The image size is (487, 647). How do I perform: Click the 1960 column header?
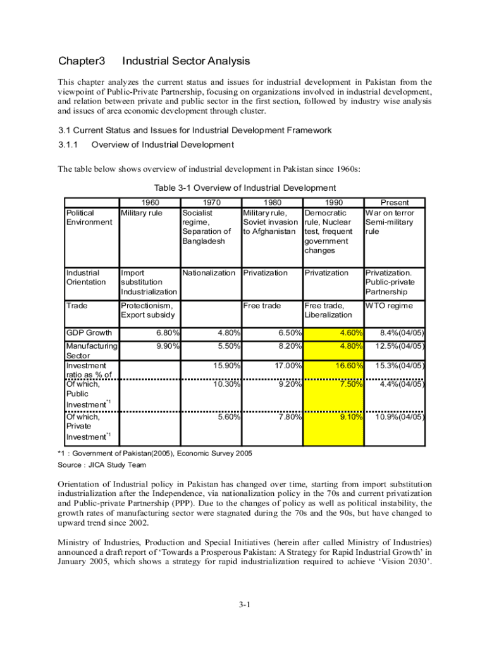pos(150,203)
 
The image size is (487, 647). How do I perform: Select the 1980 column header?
pos(273,203)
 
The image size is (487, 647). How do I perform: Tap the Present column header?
pos(395,203)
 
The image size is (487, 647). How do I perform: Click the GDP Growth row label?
pos(89,333)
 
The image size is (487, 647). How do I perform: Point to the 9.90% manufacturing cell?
pos(166,346)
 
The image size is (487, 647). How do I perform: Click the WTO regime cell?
pos(388,306)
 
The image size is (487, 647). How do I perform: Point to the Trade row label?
pos(77,306)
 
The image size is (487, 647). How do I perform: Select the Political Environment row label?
pos(89,217)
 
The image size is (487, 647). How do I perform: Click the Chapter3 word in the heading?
pos(81,61)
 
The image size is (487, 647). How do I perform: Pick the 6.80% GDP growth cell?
pos(166,333)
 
